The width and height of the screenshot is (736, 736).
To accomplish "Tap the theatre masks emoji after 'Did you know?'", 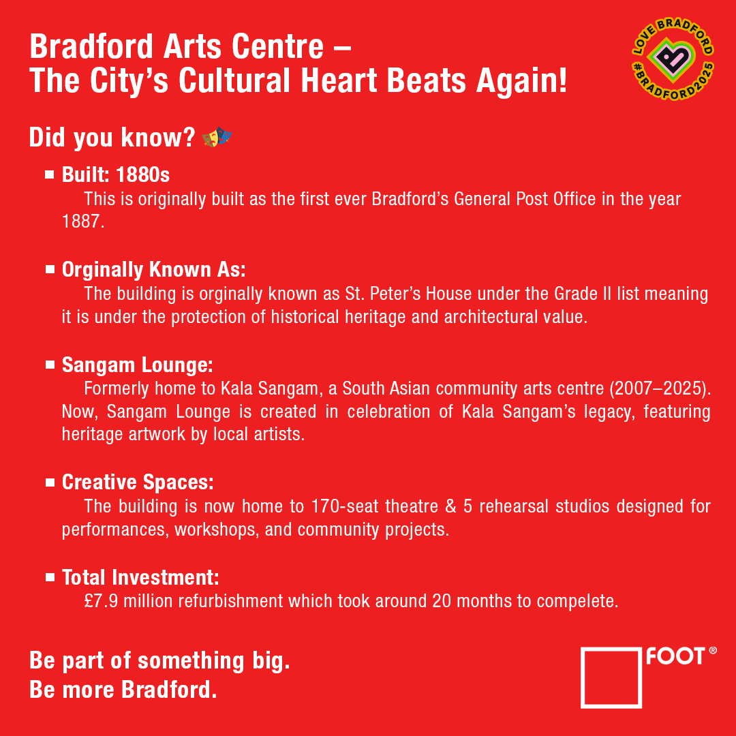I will (217, 138).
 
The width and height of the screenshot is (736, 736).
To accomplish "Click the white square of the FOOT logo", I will (611, 677).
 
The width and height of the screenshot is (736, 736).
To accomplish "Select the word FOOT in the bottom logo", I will (675, 656).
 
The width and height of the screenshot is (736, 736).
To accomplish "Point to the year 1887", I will (82, 222).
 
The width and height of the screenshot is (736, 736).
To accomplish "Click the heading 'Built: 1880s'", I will (116, 175).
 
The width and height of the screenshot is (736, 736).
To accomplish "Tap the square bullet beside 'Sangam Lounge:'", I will (50, 365).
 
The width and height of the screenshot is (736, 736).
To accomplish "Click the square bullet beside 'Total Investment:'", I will (50, 577).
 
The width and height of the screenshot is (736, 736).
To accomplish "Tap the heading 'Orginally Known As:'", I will (153, 270).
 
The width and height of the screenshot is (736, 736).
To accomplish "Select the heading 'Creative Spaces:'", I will (138, 482).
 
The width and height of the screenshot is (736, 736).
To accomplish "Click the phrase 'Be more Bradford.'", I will (123, 690).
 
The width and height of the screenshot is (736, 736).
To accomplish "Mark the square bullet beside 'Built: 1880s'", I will (50, 175).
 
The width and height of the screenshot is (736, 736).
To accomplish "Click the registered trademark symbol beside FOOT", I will (713, 651).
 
